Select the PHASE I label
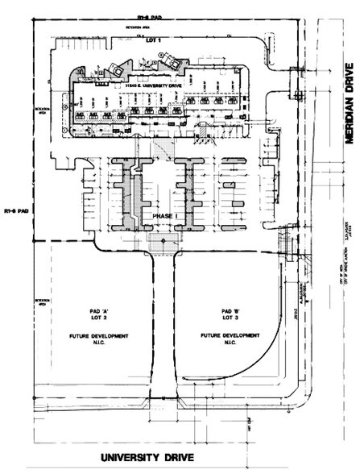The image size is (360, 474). [x=159, y=217]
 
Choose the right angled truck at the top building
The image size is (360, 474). [x=171, y=57]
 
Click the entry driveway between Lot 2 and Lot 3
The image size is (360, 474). [x=159, y=322]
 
